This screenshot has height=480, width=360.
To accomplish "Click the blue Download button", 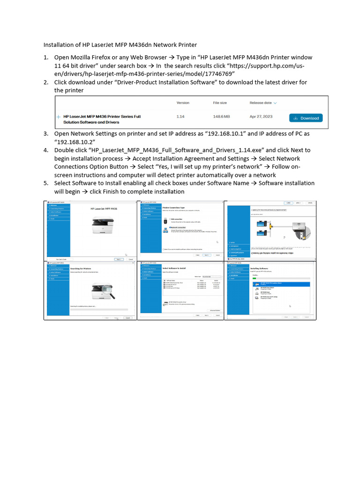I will [x=306, y=118].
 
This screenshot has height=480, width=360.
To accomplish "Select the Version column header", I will [x=183, y=103].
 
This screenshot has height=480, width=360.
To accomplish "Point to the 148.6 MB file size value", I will [x=221, y=116].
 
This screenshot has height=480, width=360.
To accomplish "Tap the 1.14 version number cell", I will [x=180, y=116].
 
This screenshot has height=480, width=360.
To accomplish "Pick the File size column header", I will [x=220, y=103].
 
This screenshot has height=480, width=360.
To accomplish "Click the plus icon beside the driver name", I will [x=59, y=116].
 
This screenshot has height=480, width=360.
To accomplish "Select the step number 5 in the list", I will [x=46, y=183].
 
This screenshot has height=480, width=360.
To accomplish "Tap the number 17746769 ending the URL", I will [x=215, y=74].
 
